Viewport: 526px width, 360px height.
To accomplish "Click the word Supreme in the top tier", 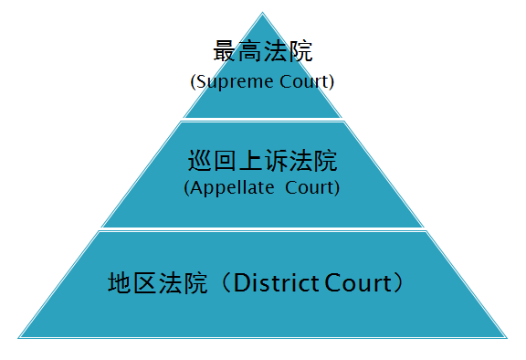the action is pyautogui.click(x=235, y=82).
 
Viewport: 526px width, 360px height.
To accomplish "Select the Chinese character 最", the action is pyautogui.click(x=224, y=51).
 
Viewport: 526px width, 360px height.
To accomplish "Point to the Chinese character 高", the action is pyautogui.click(x=249, y=51).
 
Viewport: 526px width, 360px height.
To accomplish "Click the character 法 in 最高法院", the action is pyautogui.click(x=275, y=51).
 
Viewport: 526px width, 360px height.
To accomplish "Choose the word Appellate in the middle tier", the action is pyautogui.click(x=232, y=188).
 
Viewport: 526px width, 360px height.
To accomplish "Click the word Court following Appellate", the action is pyautogui.click(x=310, y=187).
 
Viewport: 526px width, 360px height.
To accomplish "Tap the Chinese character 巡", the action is pyautogui.click(x=199, y=161).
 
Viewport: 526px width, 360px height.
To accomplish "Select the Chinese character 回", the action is pyautogui.click(x=225, y=161).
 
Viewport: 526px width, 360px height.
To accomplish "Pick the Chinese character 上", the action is pyautogui.click(x=250, y=161).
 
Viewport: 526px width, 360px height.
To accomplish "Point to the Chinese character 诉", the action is pyautogui.click(x=276, y=161).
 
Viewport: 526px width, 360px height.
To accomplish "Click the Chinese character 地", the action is pyautogui.click(x=119, y=283).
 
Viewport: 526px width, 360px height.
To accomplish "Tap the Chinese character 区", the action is pyautogui.click(x=144, y=283).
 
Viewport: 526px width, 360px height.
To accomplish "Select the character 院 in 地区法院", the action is pyautogui.click(x=195, y=283).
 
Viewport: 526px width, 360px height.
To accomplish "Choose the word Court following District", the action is pyautogui.click(x=358, y=283).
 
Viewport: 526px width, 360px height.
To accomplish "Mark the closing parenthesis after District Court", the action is pyautogui.click(x=399, y=283).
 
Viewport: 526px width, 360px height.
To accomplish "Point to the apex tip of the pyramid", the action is pyautogui.click(x=263, y=13).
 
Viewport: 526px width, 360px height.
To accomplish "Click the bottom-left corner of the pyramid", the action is pyautogui.click(x=18, y=338).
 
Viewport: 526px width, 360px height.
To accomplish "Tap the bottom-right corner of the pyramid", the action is pyautogui.click(x=507, y=338).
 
